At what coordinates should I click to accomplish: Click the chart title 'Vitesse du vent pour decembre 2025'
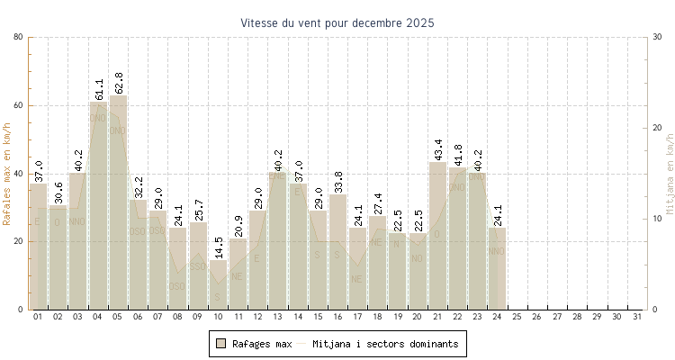click(337, 22)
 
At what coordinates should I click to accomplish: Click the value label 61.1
click(99, 89)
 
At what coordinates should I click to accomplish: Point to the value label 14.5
click(219, 247)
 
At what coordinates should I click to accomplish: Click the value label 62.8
click(119, 83)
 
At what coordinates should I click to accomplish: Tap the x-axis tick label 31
click(638, 317)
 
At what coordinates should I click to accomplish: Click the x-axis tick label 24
click(499, 317)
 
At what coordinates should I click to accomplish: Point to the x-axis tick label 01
click(38, 317)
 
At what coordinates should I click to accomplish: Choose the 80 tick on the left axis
click(18, 37)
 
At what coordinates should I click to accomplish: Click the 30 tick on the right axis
click(658, 37)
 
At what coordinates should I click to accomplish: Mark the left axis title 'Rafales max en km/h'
click(8, 173)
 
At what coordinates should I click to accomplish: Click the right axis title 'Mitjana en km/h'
click(669, 173)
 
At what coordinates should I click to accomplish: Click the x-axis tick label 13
click(278, 317)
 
